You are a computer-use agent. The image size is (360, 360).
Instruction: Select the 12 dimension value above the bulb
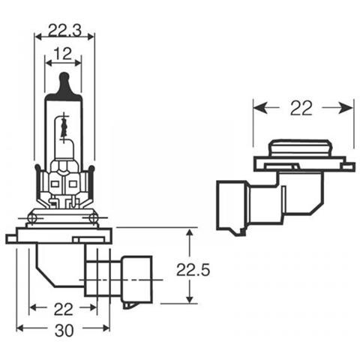(64, 55)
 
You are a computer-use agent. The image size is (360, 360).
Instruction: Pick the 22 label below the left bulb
(63, 308)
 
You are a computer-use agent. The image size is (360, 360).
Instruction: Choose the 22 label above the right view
(303, 108)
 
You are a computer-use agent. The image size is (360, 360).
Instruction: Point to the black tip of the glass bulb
(64, 78)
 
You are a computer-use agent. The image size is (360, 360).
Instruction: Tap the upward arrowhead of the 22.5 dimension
(188, 234)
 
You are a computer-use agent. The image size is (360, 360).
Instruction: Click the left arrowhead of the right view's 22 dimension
(258, 108)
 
